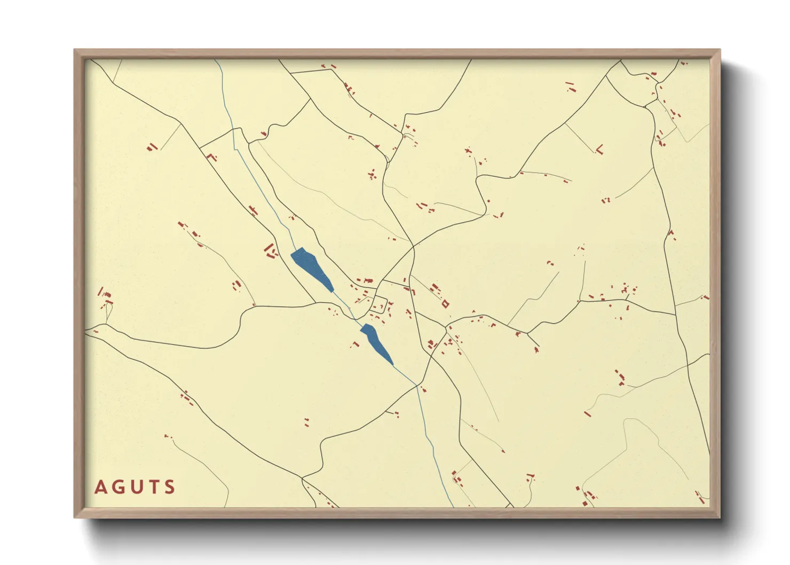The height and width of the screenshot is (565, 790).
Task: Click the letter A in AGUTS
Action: pyautogui.click(x=100, y=487)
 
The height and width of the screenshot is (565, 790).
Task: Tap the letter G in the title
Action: pyautogui.click(x=118, y=487)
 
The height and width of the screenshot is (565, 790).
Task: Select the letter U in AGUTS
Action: pyautogui.click(x=136, y=487)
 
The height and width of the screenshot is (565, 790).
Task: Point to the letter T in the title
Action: pyautogui.click(x=153, y=487)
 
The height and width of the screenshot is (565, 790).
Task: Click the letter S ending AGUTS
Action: pyautogui.click(x=170, y=487)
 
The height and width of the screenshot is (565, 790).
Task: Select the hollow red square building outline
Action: pyautogui.click(x=445, y=304)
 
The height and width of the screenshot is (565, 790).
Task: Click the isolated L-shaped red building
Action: pyautogui.click(x=599, y=150)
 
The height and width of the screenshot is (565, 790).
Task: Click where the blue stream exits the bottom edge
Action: pyautogui.click(x=453, y=506)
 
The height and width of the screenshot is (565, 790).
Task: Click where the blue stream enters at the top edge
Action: pyautogui.click(x=216, y=60)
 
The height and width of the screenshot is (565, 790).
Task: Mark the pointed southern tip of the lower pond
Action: pyautogui.click(x=393, y=365)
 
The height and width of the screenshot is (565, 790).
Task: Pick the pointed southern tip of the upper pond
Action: pyautogui.click(x=333, y=292)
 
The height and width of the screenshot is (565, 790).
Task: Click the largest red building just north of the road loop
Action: pyautogui.click(x=367, y=280)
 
